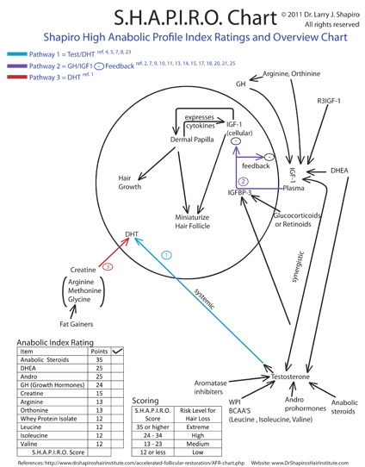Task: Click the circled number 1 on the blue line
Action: [166, 256]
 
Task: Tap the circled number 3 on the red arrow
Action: [107, 268]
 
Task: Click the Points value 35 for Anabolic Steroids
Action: [97, 359]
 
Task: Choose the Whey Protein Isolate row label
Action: [48, 418]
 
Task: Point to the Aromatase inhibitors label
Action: [209, 387]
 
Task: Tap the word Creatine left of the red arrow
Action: [83, 270]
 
